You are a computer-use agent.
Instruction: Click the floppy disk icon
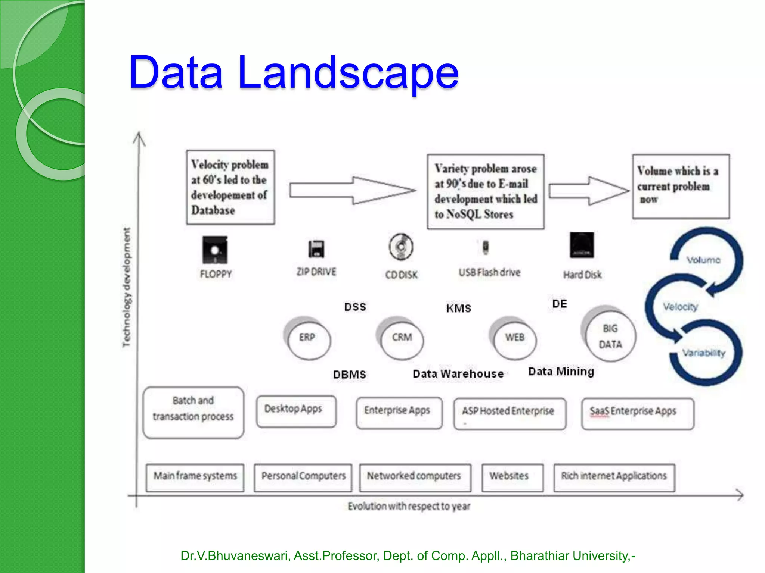click(x=215, y=250)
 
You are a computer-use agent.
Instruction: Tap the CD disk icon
click(x=401, y=247)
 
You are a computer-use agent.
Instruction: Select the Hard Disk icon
click(x=582, y=245)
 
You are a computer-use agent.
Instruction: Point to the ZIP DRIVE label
click(x=316, y=272)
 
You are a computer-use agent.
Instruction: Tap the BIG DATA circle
click(x=610, y=336)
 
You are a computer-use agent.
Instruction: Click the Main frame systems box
click(x=195, y=477)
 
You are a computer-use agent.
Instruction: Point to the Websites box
click(x=512, y=477)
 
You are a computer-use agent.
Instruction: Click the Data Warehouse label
click(x=458, y=374)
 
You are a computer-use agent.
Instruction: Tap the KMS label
click(x=458, y=309)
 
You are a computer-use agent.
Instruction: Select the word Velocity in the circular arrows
click(x=680, y=307)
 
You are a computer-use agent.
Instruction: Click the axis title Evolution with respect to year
click(x=409, y=506)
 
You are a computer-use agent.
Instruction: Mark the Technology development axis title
click(x=127, y=287)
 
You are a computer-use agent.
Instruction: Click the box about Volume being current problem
click(x=681, y=186)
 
